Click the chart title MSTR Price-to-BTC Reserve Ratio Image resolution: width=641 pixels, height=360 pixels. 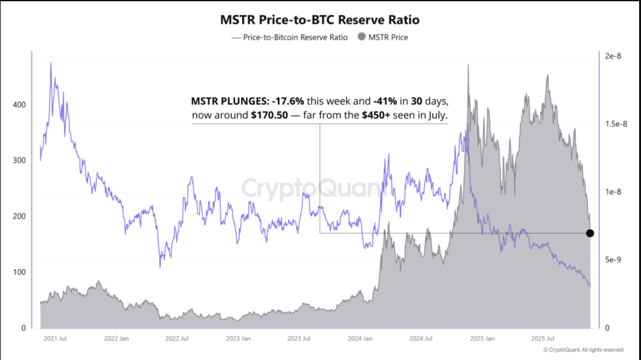point(320,19)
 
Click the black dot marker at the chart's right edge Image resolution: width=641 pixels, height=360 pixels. point(590,233)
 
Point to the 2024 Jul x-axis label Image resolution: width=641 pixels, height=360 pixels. point(421,338)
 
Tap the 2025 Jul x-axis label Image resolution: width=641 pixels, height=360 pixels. point(543,338)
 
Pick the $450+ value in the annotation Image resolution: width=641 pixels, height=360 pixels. point(377,116)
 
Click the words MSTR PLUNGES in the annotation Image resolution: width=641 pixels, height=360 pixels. point(228,101)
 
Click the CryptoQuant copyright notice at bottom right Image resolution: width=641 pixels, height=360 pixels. point(583,350)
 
